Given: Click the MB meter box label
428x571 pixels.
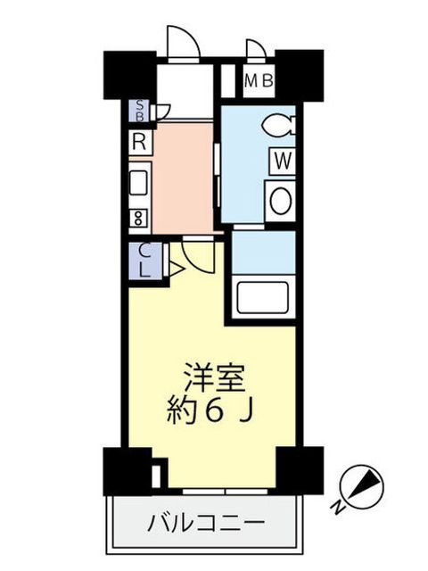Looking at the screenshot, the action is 259,80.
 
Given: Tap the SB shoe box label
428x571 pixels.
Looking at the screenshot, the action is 140,111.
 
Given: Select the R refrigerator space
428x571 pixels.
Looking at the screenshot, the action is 140,142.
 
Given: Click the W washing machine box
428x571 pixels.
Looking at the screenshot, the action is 283,161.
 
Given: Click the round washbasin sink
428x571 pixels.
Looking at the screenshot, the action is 281,201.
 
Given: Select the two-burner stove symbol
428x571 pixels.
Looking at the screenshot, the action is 139,218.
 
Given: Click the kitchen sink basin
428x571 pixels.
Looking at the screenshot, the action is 139,183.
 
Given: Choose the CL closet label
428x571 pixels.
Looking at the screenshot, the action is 145,261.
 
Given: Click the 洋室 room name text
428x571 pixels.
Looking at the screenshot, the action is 214,377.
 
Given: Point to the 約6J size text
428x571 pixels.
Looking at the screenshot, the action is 210,412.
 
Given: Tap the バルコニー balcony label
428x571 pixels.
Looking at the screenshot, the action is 206,524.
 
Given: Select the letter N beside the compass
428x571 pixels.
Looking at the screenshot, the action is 338,508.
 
